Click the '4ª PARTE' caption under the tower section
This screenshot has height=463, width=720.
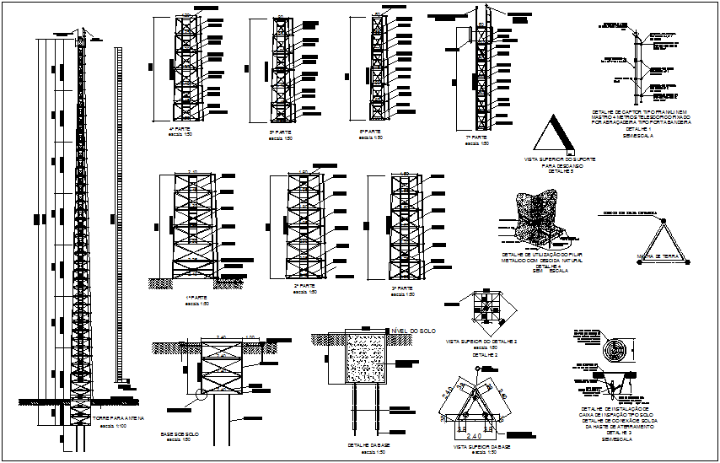point(180,130)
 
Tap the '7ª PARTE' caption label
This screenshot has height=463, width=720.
point(476,137)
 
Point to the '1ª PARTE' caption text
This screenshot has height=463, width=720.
point(197,298)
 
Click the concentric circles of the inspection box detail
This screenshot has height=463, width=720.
point(622,349)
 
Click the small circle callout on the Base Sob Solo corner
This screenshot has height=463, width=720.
point(200,393)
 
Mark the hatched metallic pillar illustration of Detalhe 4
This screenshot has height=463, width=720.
point(536,221)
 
